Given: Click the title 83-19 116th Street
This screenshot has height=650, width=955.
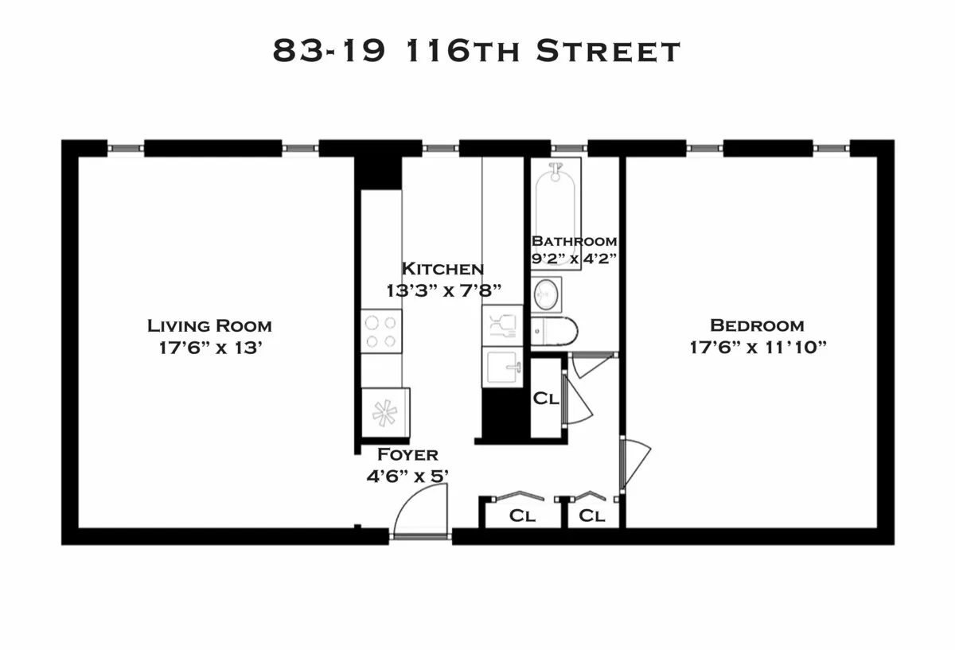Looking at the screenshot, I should (477, 51).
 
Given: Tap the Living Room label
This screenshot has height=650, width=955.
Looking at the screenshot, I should (209, 325).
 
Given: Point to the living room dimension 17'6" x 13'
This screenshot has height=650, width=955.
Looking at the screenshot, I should (209, 348).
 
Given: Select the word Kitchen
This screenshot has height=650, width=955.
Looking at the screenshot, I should (442, 269).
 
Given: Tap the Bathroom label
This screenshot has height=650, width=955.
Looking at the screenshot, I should (574, 241).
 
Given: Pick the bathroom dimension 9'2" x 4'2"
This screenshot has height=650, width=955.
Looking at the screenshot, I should (574, 258).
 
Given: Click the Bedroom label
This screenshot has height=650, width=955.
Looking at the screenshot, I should (757, 325).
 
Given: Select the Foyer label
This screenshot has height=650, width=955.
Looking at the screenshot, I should (407, 455).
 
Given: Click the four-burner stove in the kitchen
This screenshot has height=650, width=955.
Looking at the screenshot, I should (381, 332).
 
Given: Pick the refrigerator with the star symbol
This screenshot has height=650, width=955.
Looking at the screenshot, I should (385, 413).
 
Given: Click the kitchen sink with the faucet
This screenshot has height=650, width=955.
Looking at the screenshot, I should (502, 368).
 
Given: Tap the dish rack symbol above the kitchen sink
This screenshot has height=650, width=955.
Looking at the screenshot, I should (502, 325).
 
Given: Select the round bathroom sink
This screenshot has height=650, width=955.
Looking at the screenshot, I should (546, 294).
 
